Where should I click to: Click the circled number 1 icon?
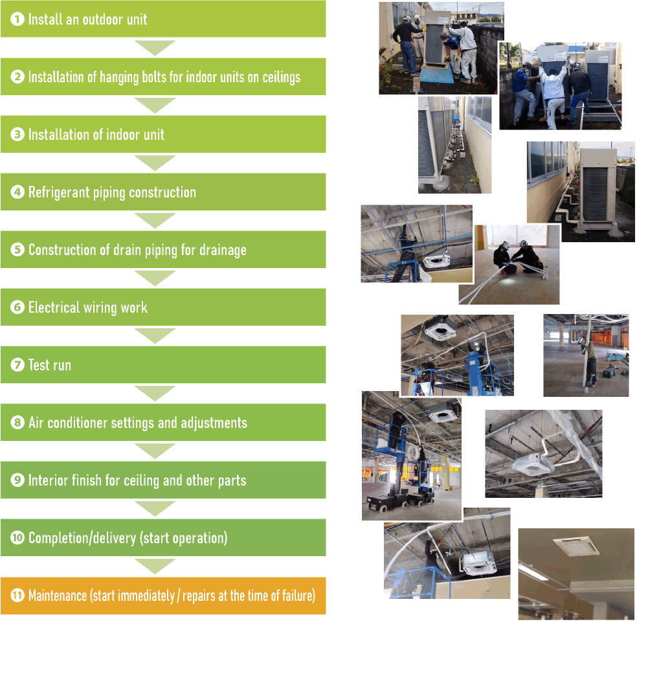[17, 19]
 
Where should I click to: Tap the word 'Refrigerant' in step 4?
[59, 192]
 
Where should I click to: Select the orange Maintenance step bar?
[163, 596]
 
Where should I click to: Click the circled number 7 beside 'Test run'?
[17, 365]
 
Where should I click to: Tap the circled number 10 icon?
[17, 538]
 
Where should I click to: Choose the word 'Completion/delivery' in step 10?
[82, 538]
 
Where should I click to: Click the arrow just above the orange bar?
[155, 567]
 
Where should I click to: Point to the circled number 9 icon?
[17, 480]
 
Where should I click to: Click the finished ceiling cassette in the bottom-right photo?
[576, 546]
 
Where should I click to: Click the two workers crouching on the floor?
[518, 259]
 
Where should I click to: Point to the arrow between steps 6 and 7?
[155, 336]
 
